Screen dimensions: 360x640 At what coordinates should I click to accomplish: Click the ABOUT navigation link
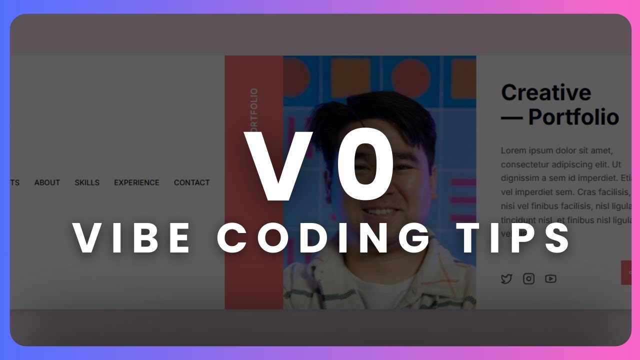pos(47,182)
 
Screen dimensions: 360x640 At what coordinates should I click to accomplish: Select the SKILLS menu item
pos(87,182)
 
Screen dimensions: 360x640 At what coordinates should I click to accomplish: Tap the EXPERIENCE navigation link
pos(136,182)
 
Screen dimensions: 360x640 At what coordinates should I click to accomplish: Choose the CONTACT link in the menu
pos(191,182)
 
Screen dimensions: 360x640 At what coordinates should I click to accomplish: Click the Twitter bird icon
pos(506,279)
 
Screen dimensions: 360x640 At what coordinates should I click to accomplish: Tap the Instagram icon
pos(528,279)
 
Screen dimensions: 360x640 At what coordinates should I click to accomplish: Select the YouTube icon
pos(550,279)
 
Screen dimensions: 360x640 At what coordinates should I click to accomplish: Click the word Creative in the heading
pos(546,93)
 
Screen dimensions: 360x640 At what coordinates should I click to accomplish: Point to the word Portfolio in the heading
pos(573,117)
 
